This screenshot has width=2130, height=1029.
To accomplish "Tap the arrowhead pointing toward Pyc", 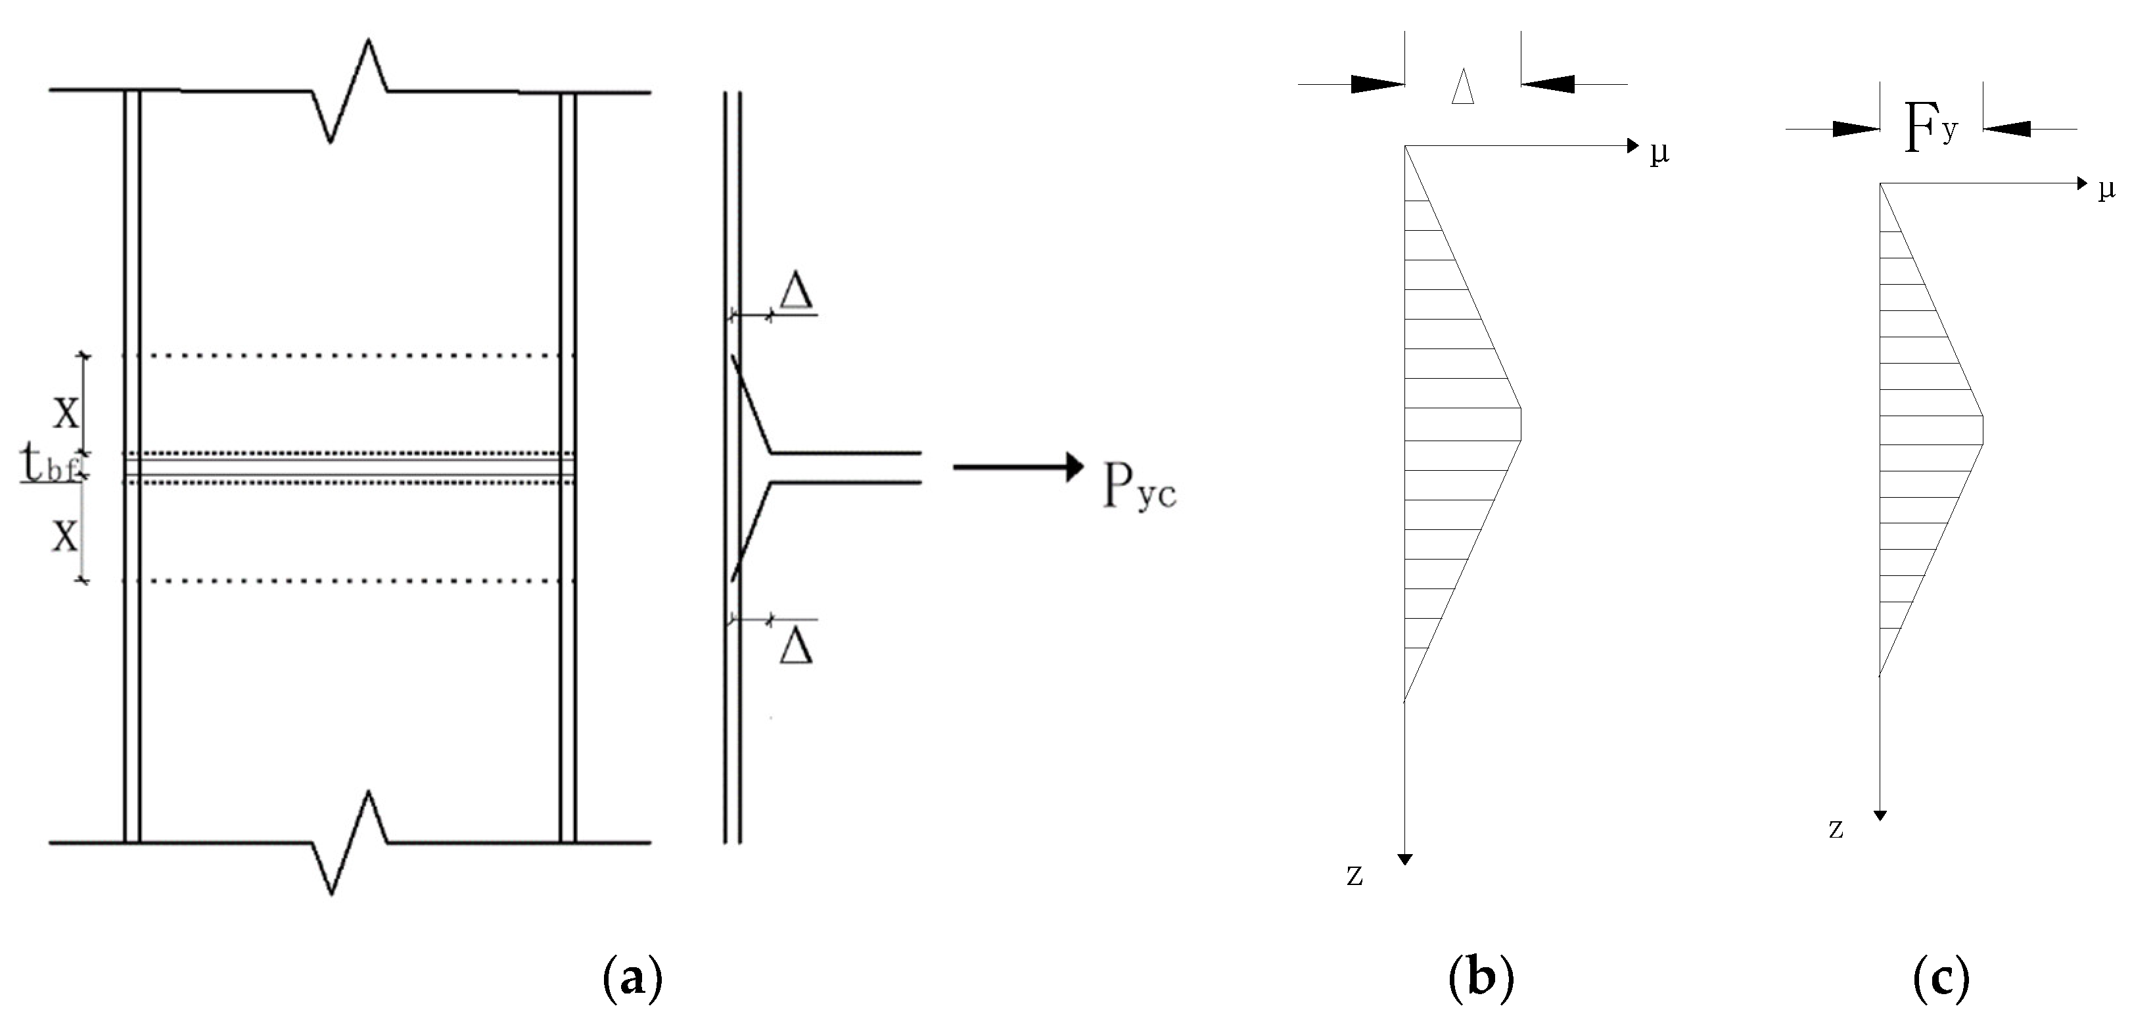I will point(1073,467).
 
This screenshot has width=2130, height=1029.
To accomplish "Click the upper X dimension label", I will point(66,411).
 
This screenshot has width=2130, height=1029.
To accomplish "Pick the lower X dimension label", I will point(66,535).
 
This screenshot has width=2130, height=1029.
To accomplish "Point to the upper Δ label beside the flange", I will point(797,292).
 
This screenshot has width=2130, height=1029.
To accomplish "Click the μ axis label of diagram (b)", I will point(1659,153).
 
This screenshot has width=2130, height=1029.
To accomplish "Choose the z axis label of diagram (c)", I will point(1836,829).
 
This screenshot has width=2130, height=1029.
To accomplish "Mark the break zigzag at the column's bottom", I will point(350,844).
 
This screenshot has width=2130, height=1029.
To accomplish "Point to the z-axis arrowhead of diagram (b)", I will point(1404,859).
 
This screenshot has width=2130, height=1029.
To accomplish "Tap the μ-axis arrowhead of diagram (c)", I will point(2082,183).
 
